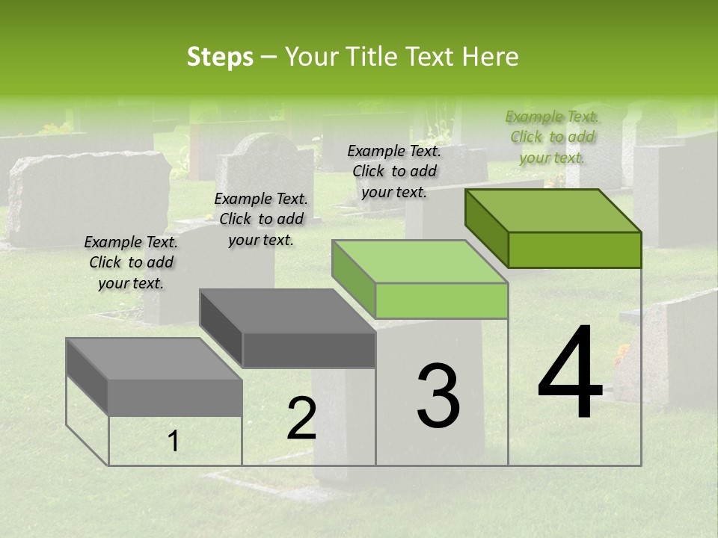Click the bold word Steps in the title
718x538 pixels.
(x=220, y=57)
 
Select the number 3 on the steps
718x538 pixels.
(x=438, y=396)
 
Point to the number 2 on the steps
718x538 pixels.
(x=301, y=418)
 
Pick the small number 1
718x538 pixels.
(x=174, y=442)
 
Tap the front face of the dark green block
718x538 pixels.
(x=574, y=250)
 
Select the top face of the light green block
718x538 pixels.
(x=420, y=262)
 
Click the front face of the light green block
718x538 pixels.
(x=441, y=301)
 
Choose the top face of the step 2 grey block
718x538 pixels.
(x=287, y=310)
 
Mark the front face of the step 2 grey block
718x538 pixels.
(x=308, y=350)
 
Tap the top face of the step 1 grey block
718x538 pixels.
(x=154, y=359)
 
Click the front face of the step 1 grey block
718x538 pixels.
(x=175, y=398)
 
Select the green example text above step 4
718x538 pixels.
(x=553, y=137)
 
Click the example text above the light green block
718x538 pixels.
(x=394, y=171)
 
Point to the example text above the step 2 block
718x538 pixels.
(x=261, y=219)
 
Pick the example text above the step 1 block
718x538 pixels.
(x=131, y=262)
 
